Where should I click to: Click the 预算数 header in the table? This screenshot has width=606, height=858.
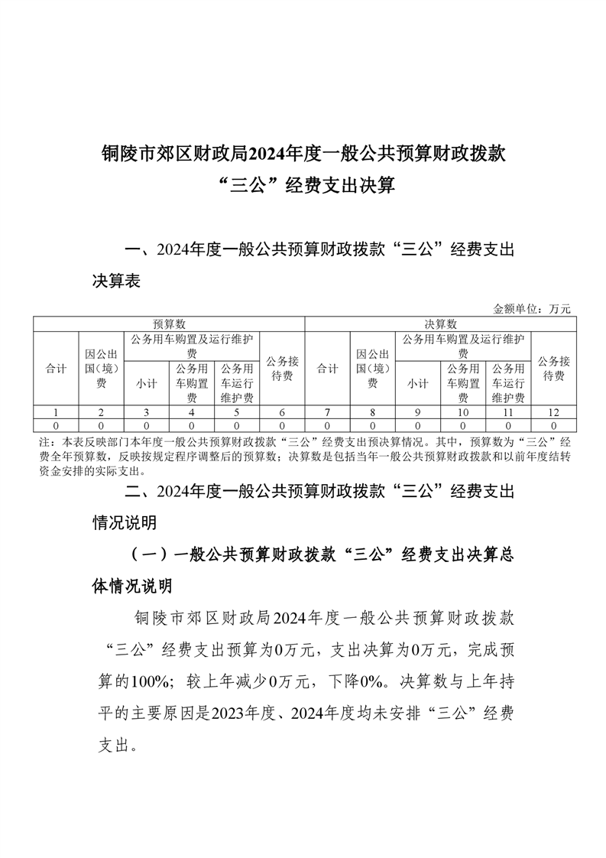click(169, 324)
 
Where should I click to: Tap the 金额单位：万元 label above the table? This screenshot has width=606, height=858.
click(532, 309)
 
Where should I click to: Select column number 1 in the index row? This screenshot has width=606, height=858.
click(56, 412)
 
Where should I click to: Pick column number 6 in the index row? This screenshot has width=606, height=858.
click(282, 412)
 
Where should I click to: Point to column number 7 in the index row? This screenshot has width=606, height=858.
click(328, 412)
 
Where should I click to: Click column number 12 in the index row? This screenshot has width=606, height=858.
click(553, 412)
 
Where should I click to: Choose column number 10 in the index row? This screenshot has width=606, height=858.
click(463, 412)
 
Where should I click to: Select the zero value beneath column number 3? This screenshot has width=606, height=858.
click(146, 424)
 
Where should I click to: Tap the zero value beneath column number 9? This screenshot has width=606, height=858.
click(418, 424)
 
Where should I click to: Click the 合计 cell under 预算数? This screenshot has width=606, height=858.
click(56, 369)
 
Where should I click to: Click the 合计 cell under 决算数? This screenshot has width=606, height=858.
click(328, 369)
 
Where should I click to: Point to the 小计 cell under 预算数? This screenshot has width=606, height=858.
click(146, 383)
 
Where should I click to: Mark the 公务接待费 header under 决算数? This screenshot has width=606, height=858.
click(553, 369)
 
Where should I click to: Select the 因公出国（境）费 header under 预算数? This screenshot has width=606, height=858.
click(101, 369)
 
